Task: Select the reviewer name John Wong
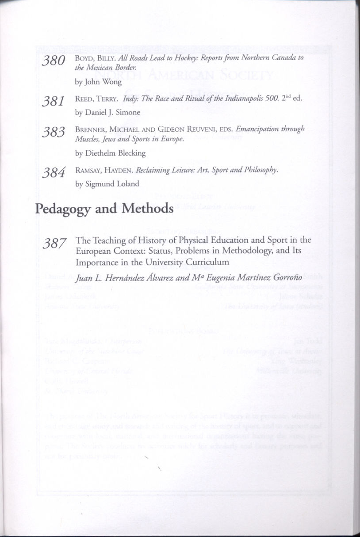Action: point(101,82)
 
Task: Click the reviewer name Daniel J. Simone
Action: point(112,112)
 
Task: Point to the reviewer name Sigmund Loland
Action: point(114,184)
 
